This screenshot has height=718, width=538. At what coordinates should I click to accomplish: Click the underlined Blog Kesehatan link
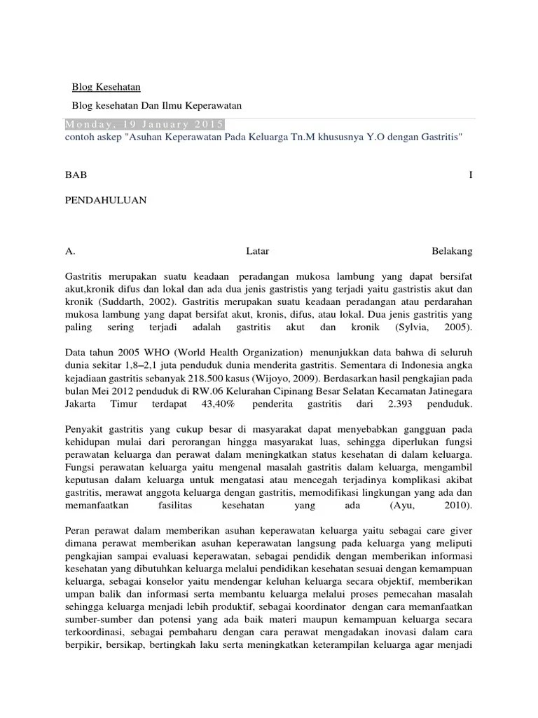(x=106, y=87)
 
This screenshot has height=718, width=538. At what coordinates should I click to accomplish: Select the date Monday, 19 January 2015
(x=144, y=124)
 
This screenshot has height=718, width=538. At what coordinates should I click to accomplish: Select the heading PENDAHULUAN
(x=105, y=200)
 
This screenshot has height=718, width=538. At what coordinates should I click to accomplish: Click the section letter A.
(x=69, y=250)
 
